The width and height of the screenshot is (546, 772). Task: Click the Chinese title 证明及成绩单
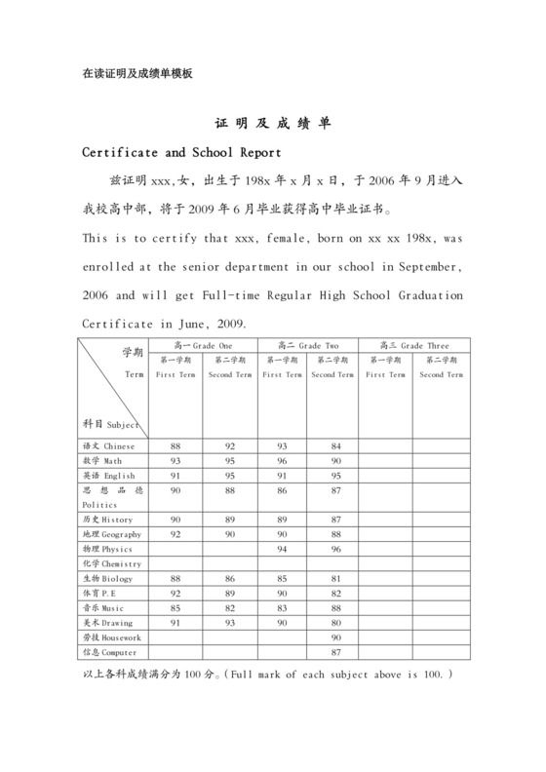(x=273, y=126)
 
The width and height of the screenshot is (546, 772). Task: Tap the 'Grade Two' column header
(x=307, y=345)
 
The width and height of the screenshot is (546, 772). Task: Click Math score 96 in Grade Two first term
(x=281, y=460)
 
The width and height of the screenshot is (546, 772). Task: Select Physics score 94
(x=281, y=549)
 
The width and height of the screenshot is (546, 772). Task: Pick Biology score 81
(x=333, y=578)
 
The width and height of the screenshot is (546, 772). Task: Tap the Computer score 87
(x=333, y=651)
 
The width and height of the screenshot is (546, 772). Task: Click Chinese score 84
(x=333, y=445)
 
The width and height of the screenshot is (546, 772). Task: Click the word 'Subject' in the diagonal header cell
(x=124, y=425)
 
